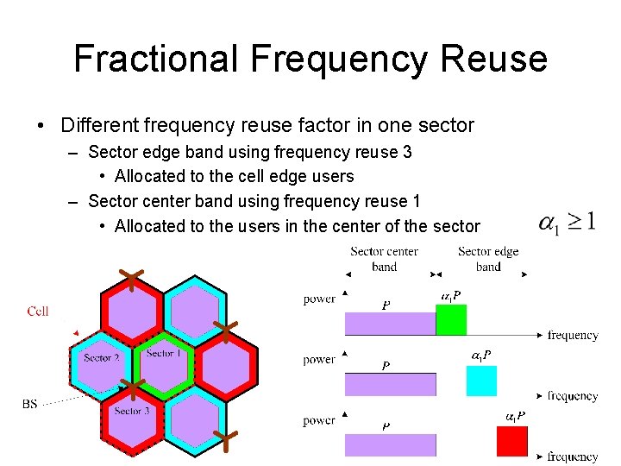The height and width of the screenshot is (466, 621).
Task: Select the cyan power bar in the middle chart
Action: [481, 381]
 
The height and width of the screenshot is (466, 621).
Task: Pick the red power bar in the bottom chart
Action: [511, 441]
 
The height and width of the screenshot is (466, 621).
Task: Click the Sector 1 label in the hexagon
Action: [161, 353]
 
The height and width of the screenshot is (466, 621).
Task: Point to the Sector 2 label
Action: [101, 357]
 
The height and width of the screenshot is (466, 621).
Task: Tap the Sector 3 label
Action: [132, 412]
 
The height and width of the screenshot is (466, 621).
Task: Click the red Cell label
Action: [38, 312]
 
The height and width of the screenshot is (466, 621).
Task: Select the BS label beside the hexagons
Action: [29, 403]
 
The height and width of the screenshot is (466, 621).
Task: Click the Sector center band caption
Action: [384, 259]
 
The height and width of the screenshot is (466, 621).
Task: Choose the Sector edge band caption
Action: [488, 259]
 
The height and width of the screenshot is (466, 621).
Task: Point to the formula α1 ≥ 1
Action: [567, 222]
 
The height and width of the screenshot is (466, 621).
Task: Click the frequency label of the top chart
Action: [572, 335]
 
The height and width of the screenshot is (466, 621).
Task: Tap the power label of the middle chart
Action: [319, 360]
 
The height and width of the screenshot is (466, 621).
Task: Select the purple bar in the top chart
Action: [390, 324]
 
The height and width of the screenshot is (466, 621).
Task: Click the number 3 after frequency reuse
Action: [407, 152]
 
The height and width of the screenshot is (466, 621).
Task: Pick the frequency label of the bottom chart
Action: [572, 457]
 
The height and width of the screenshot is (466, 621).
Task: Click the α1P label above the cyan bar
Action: [481, 356]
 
